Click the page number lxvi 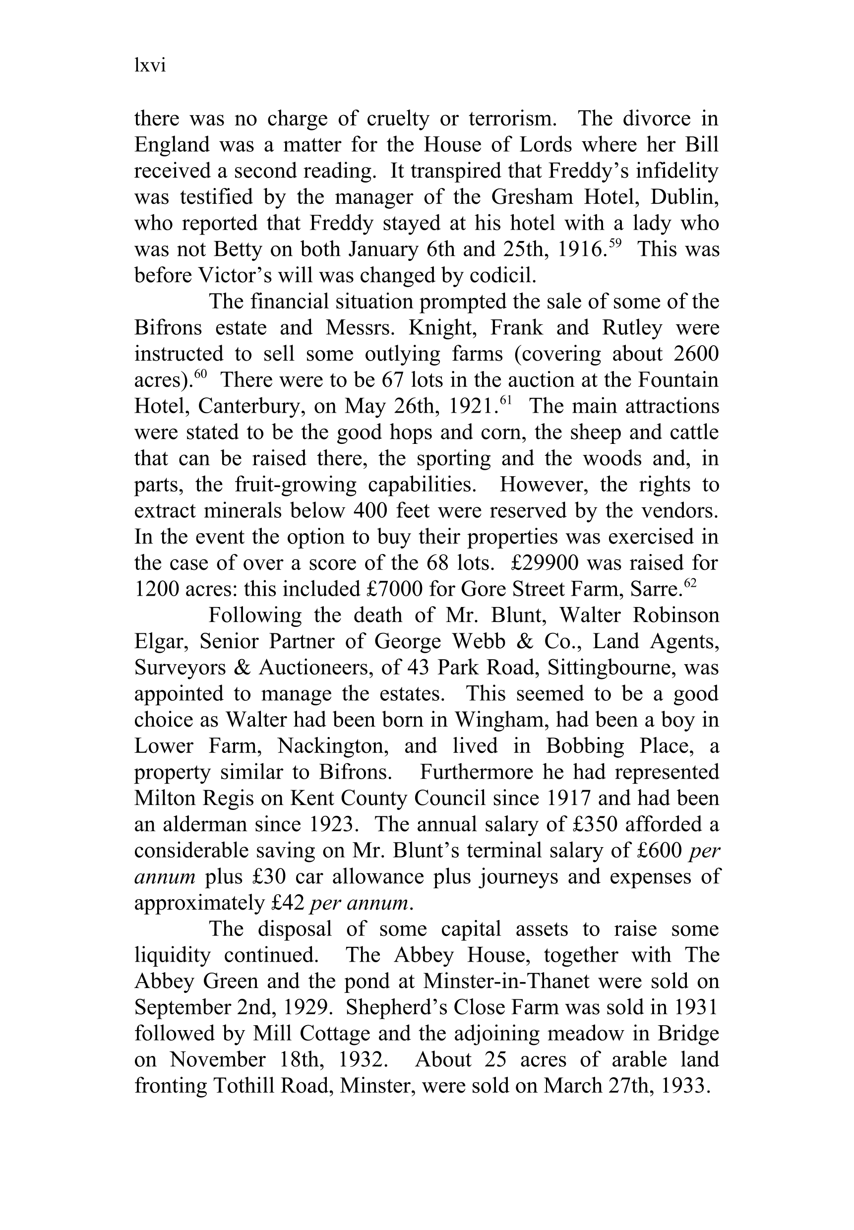point(150,66)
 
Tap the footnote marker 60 point(200,374)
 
